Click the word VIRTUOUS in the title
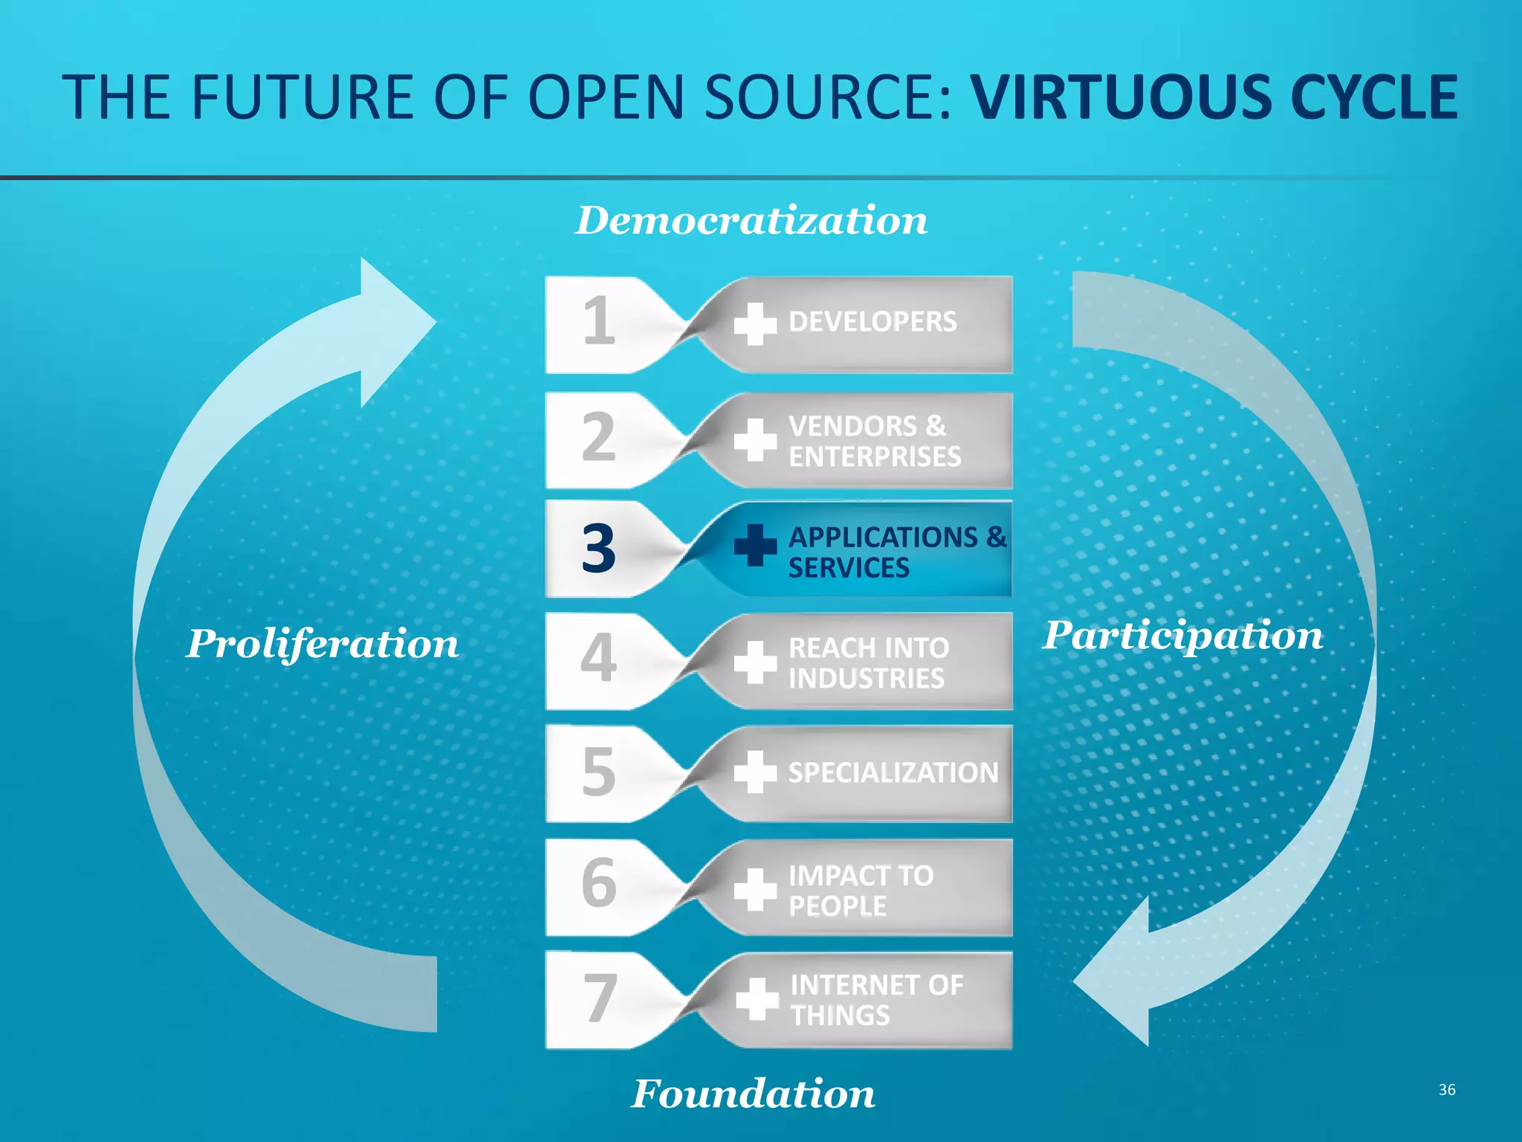[1124, 97]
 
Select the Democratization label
[751, 221]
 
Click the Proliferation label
[322, 643]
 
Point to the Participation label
[1182, 636]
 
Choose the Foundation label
[753, 1094]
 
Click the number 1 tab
[598, 322]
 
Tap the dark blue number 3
[598, 549]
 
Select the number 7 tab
[600, 999]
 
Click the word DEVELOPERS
[872, 322]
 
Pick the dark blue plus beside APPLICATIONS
[755, 546]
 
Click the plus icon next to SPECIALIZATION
[755, 772]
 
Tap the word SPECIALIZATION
[893, 773]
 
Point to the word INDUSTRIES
[867, 679]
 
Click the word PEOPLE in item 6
[838, 906]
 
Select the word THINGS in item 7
[840, 1016]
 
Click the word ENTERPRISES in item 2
[875, 457]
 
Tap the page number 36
[1446, 1090]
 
